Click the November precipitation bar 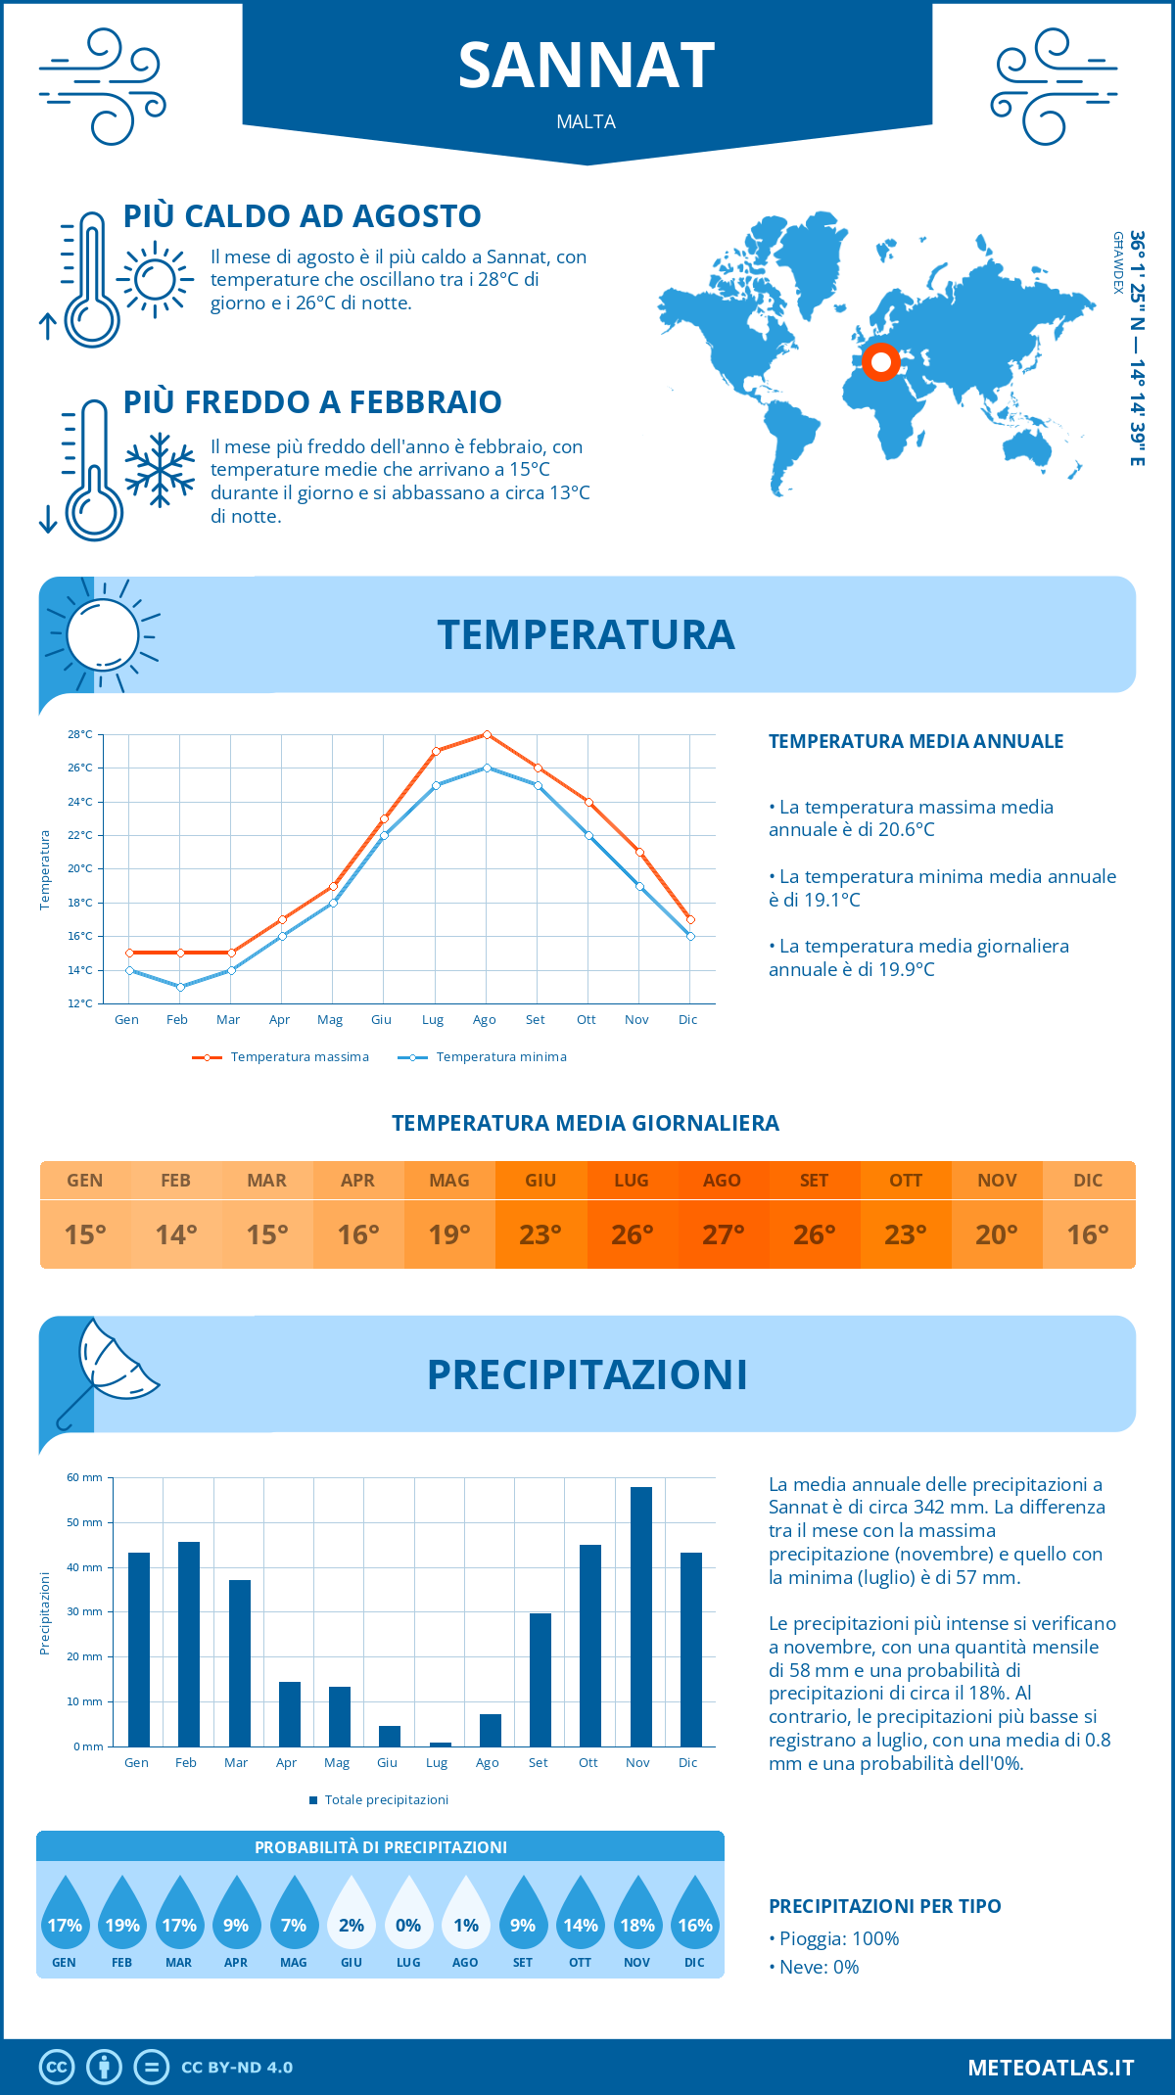click(x=640, y=1616)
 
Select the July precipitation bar click(x=440, y=1744)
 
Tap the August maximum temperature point click(x=487, y=734)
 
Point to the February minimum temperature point click(x=180, y=987)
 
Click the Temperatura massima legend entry click(x=281, y=1057)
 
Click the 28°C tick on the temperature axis click(x=80, y=734)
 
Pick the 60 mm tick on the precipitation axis click(x=85, y=1477)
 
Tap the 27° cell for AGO click(x=723, y=1234)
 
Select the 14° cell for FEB click(x=176, y=1234)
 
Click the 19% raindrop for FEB click(x=122, y=1916)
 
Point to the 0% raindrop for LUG click(x=408, y=1916)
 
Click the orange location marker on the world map click(x=880, y=362)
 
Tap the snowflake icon click(x=160, y=470)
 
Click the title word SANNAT click(x=587, y=67)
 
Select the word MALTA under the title click(x=587, y=122)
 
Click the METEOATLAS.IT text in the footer click(x=1050, y=2068)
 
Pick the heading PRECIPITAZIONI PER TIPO click(x=884, y=1906)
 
